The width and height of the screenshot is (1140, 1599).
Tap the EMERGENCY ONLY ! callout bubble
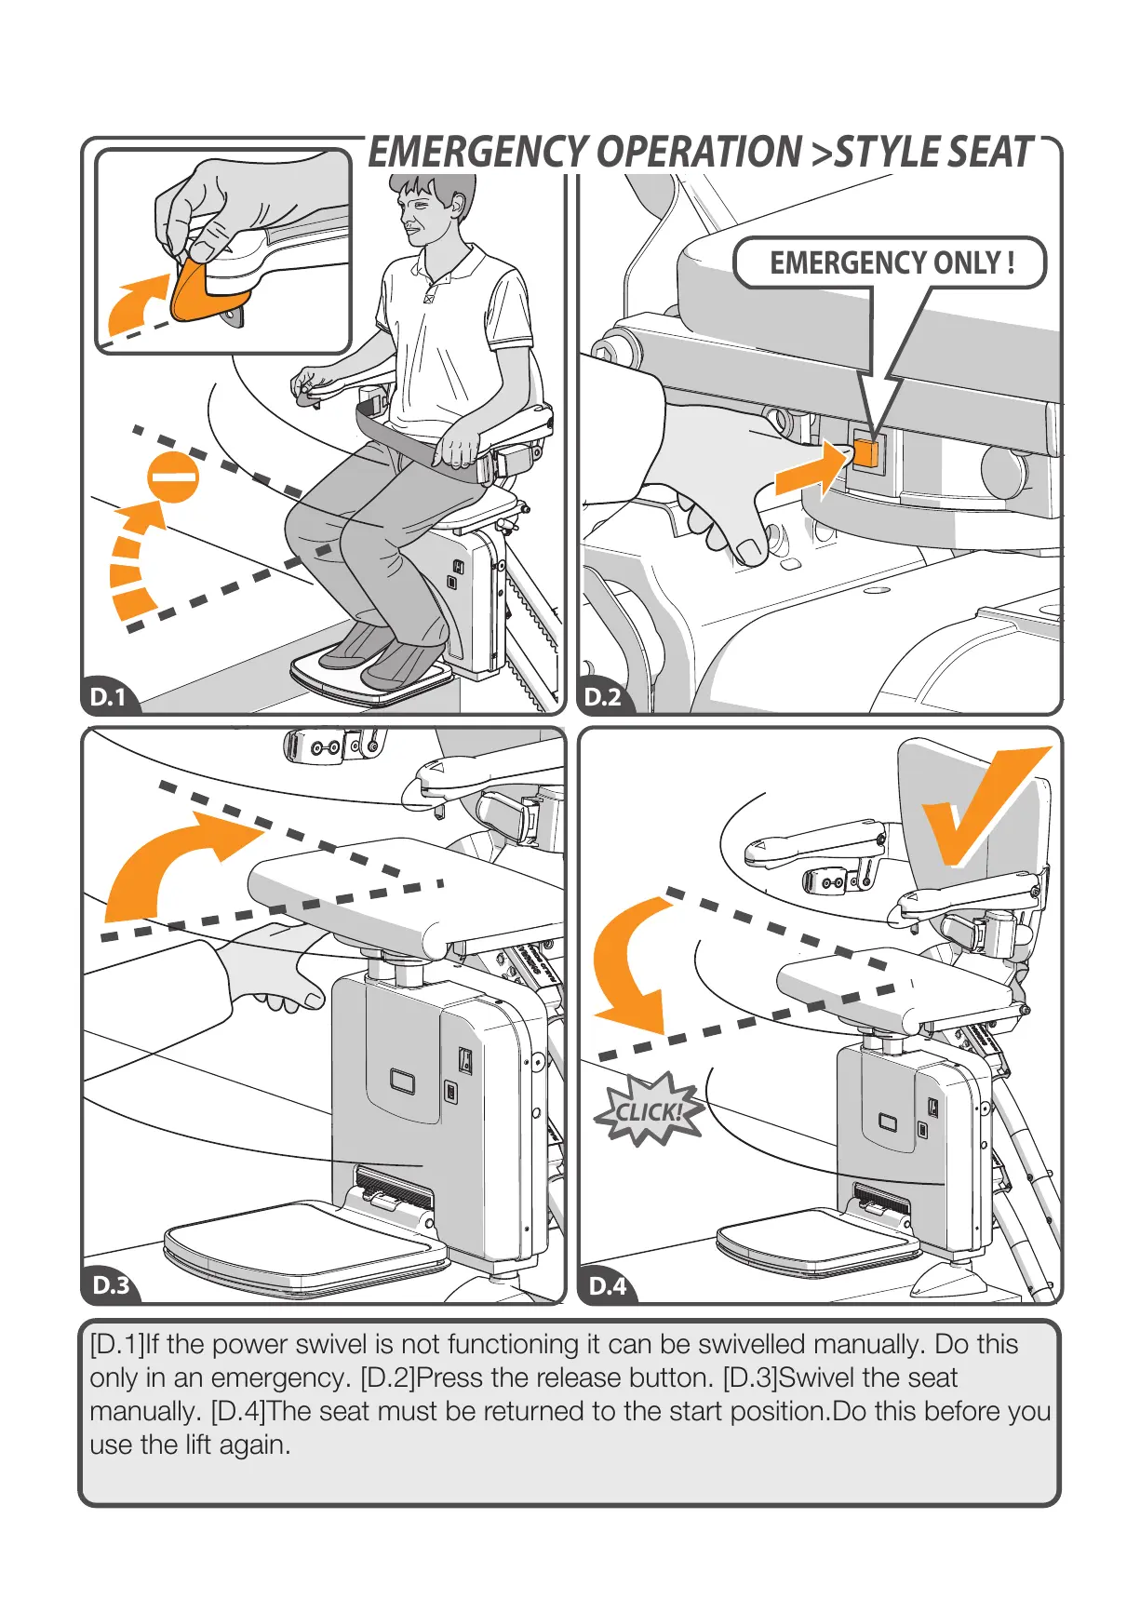pos(890,263)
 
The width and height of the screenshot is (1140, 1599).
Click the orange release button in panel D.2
pos(865,453)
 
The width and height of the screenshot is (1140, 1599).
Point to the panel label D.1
pos(108,697)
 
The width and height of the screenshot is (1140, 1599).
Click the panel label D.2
pos(602,697)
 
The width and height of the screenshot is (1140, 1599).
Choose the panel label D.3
pos(111,1285)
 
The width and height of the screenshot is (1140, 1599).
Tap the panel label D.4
pos(609,1285)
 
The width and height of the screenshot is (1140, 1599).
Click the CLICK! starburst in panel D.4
pos(649,1109)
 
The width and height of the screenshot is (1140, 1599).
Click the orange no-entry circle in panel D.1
pos(173,477)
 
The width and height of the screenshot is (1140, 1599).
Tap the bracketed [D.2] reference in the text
pos(387,1378)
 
